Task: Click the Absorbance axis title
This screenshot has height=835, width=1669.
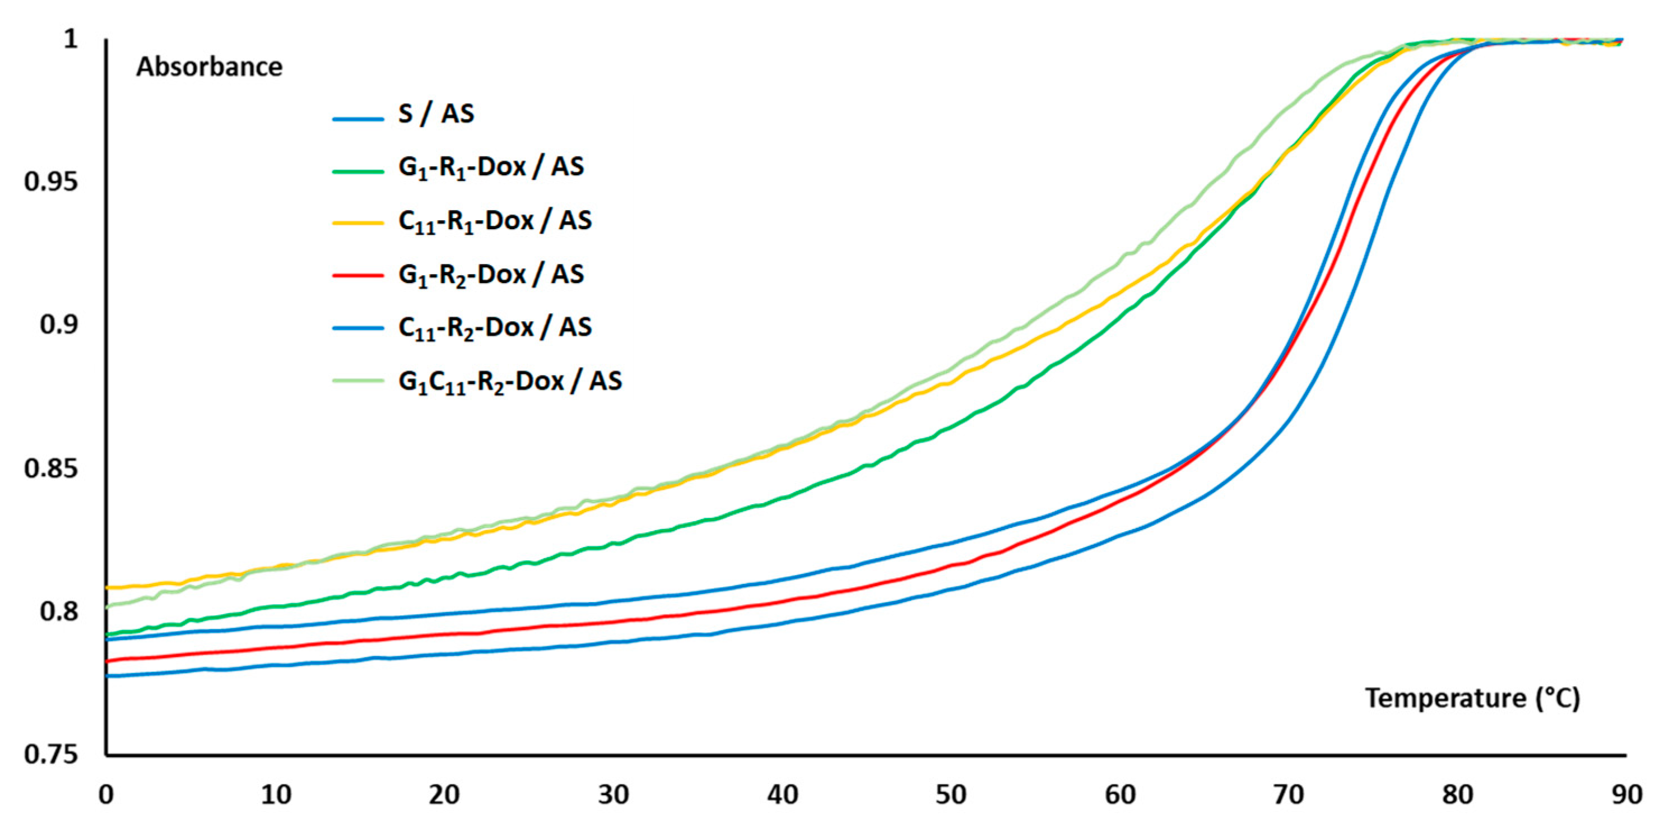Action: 208,67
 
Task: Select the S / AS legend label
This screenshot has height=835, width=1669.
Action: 436,114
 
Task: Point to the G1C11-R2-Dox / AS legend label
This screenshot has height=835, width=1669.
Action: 510,381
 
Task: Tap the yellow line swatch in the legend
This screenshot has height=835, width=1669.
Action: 357,222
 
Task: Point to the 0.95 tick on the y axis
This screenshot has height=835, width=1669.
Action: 50,182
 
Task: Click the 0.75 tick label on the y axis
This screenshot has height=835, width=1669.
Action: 50,755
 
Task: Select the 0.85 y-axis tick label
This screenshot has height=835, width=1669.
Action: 50,468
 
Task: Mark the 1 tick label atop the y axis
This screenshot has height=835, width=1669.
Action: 70,39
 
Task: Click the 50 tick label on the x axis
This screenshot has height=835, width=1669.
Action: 951,795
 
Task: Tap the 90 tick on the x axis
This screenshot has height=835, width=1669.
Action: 1627,795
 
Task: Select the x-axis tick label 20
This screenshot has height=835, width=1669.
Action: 444,795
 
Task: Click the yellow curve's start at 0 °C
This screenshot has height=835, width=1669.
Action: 108,587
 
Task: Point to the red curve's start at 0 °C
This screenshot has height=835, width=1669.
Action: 108,661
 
